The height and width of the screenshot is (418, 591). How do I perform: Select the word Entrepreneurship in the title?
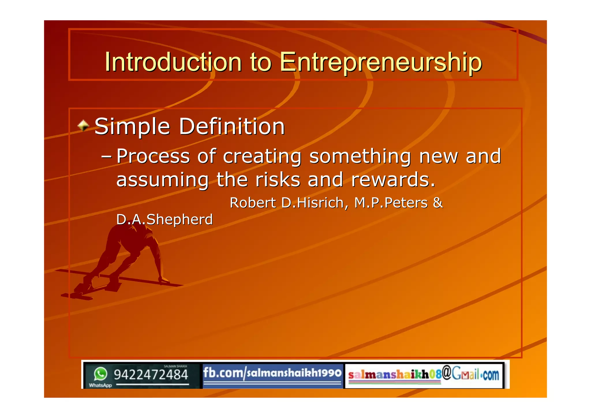(381, 62)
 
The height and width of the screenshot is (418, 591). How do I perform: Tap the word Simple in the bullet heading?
(132, 127)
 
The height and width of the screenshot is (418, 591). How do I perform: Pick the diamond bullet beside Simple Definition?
(83, 125)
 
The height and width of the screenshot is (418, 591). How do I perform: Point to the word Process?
(153, 156)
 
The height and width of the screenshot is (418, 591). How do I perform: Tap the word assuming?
(162, 180)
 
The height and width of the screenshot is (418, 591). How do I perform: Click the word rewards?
(393, 180)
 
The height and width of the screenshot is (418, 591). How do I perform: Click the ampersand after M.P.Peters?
(438, 202)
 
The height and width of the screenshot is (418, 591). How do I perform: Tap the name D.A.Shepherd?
(164, 219)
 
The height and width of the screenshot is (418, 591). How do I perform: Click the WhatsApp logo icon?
(100, 374)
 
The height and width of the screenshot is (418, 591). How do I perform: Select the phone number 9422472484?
(151, 375)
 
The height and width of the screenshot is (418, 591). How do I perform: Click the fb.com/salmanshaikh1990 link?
(272, 373)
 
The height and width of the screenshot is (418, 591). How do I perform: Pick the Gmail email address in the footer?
(423, 374)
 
